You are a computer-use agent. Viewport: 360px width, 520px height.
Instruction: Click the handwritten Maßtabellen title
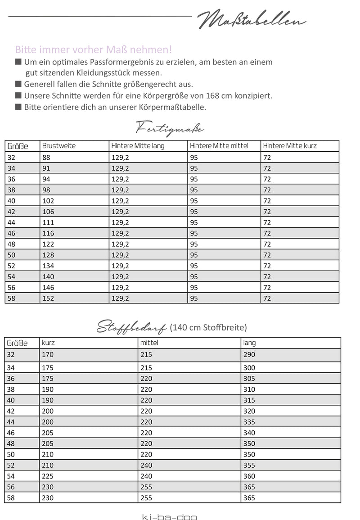coord(252,19)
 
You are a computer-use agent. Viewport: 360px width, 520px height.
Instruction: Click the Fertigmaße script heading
coord(170,129)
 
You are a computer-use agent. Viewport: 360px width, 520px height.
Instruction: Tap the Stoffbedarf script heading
coord(132,327)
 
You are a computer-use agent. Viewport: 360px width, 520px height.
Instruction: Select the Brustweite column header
coord(58,146)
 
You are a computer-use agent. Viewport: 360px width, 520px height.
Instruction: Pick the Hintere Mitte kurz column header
coord(290,146)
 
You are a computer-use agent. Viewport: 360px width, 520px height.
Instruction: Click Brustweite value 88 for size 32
coord(46,158)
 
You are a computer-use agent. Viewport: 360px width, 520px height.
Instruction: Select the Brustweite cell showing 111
coord(47,222)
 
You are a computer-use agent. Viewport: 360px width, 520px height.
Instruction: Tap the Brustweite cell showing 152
coord(47,298)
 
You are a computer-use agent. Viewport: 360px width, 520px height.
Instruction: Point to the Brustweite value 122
coord(47,244)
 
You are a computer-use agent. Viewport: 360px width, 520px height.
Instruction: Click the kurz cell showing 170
coord(47,355)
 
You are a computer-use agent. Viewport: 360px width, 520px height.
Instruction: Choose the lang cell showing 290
coord(249,355)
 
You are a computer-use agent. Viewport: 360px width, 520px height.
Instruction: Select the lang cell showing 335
coord(249,422)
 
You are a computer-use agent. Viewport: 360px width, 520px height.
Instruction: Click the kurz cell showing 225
coord(47,476)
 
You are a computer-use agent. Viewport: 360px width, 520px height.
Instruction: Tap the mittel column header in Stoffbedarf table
coord(149,343)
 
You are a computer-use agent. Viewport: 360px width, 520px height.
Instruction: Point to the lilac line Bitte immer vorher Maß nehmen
coord(94,49)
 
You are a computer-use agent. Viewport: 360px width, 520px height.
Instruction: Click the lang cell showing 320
coord(249,411)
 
